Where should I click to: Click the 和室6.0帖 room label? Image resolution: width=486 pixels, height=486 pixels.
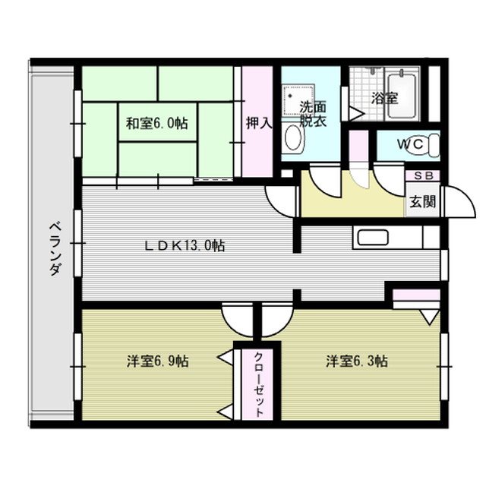(157, 123)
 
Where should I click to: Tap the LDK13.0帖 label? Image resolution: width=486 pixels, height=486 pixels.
(186, 245)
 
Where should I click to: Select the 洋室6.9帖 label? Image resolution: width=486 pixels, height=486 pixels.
(157, 361)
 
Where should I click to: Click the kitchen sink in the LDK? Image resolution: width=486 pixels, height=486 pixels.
(373, 237)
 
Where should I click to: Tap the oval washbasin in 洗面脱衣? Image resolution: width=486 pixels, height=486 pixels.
(293, 139)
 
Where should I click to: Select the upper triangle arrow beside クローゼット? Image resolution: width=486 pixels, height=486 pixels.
(226, 355)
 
